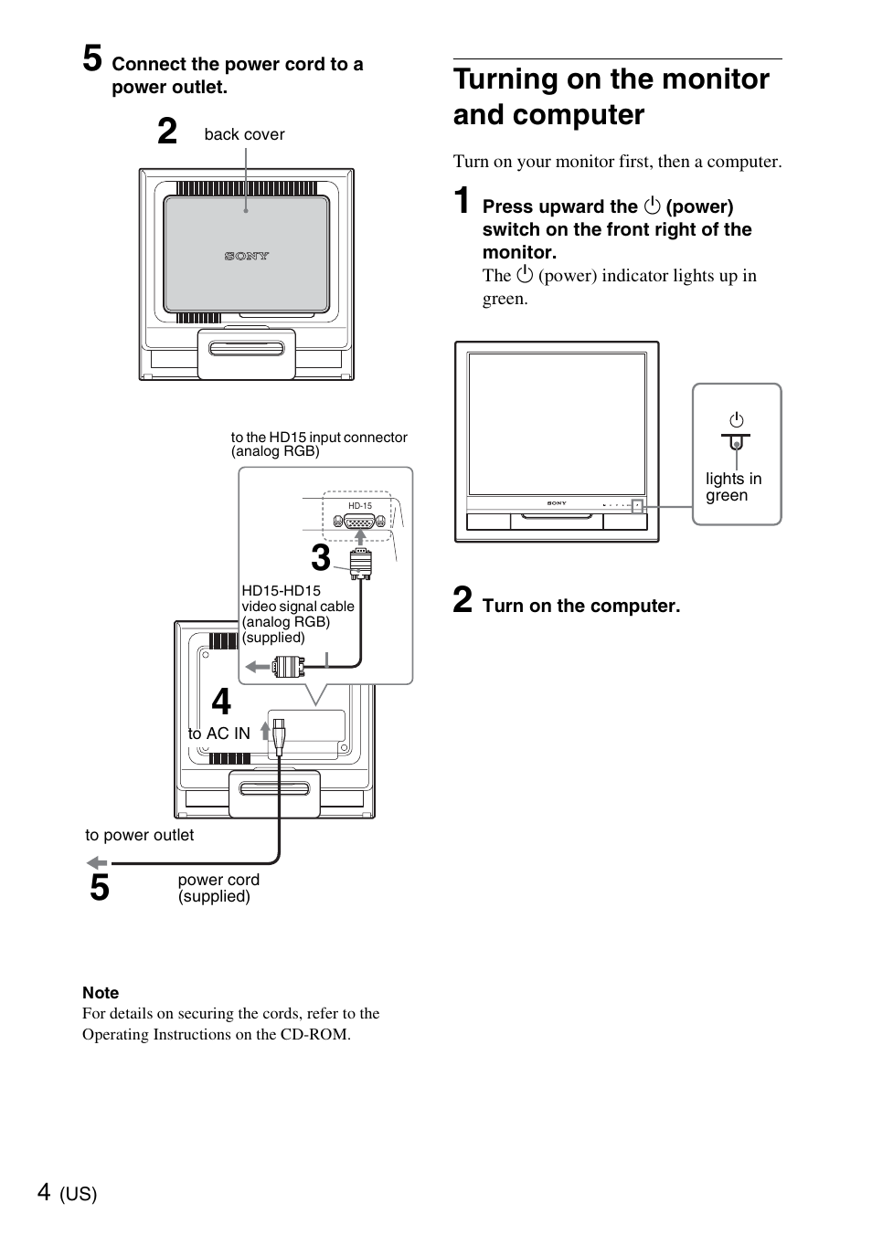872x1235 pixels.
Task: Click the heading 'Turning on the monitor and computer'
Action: click(x=611, y=97)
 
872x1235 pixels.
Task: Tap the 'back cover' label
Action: click(x=244, y=134)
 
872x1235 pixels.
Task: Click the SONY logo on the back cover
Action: click(x=247, y=257)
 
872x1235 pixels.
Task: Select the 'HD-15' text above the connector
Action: click(x=360, y=506)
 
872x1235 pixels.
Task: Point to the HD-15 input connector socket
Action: click(x=360, y=522)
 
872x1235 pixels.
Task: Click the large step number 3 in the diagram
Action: click(x=320, y=558)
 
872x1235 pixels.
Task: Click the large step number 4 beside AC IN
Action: click(x=221, y=702)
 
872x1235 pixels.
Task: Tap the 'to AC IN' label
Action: click(x=218, y=734)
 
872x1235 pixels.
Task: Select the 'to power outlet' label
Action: click(x=139, y=835)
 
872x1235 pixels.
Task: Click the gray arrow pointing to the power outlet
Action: click(x=97, y=862)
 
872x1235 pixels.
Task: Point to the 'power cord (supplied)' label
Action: click(x=218, y=888)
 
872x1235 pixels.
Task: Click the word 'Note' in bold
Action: click(x=101, y=993)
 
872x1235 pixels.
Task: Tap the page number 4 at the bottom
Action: click(x=45, y=1191)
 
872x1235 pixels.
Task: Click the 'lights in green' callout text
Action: click(x=732, y=487)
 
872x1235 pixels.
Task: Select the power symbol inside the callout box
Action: click(x=736, y=421)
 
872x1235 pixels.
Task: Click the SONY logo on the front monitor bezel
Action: click(x=557, y=503)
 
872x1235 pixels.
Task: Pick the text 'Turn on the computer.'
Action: click(x=580, y=606)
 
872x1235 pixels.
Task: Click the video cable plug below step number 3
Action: click(x=360, y=565)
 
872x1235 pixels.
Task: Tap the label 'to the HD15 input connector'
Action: click(x=319, y=438)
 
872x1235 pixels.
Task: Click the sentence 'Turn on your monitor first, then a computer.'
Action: click(x=617, y=162)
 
